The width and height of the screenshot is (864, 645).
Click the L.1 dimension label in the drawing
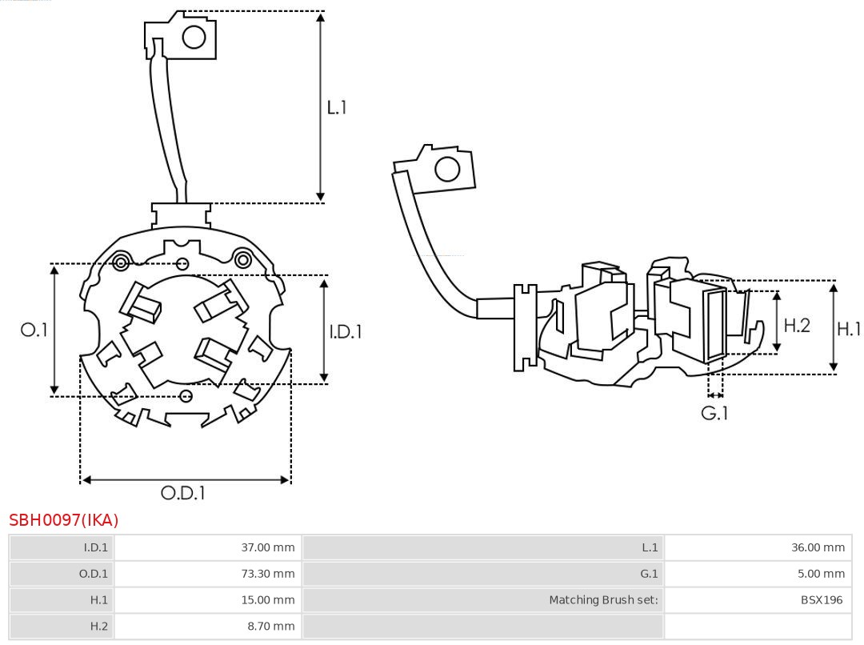[337, 106]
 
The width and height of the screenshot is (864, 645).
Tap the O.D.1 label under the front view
[183, 493]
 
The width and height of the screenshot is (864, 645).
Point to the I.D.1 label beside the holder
[346, 331]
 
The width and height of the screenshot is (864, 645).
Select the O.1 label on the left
[34, 329]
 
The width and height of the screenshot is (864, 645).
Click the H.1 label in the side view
[848, 328]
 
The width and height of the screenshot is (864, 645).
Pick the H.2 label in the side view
[797, 325]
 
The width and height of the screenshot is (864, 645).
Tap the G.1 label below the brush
[715, 413]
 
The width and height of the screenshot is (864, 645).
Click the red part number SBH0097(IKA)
[64, 520]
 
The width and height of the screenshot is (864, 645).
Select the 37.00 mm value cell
[207, 547]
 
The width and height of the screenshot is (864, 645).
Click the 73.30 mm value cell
[207, 574]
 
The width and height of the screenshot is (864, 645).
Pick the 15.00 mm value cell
[207, 599]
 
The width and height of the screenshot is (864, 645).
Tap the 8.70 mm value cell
[207, 626]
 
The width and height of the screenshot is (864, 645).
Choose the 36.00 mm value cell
[757, 547]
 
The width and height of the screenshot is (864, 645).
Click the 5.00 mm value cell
[757, 574]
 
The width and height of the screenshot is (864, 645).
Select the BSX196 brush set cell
[757, 599]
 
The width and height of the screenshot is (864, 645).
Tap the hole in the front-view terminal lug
[194, 37]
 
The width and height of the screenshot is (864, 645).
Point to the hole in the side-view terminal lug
[446, 170]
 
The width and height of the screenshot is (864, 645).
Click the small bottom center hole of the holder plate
[186, 395]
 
